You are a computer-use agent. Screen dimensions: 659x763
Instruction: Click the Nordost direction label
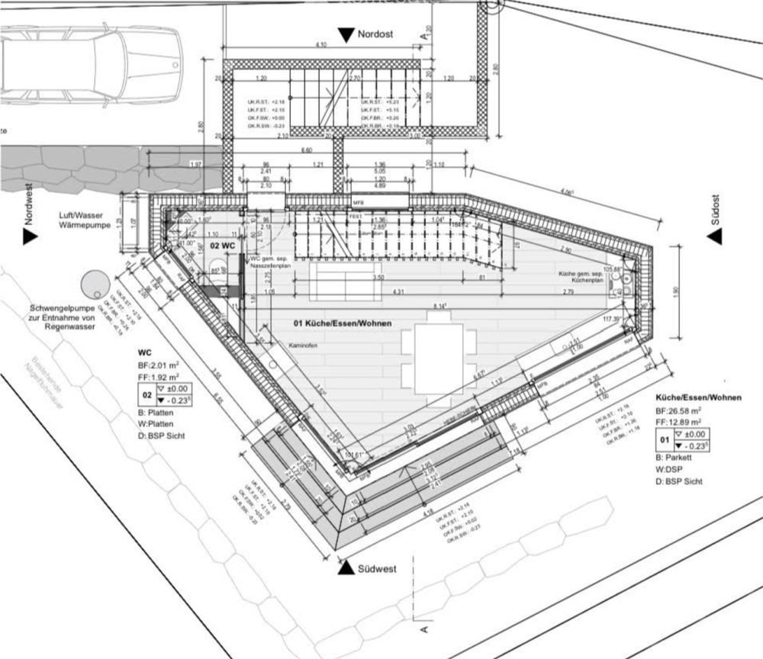(x=378, y=34)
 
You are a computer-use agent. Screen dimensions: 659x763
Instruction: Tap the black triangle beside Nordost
(x=347, y=35)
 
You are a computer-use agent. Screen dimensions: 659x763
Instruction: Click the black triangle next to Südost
(x=715, y=237)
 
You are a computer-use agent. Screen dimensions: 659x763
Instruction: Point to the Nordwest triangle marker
(x=30, y=237)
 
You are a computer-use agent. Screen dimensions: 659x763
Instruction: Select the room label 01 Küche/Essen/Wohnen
(x=343, y=323)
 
